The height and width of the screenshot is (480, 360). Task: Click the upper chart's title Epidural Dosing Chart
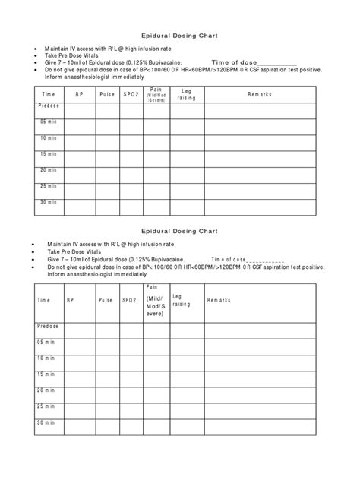click(x=180, y=35)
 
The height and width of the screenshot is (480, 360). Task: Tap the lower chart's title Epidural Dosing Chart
click(x=180, y=231)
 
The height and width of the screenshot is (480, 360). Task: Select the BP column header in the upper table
click(x=79, y=93)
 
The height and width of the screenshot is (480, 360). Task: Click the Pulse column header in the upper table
click(x=107, y=93)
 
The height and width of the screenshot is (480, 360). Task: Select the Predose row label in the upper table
click(x=49, y=106)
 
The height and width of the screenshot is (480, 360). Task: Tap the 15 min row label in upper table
click(x=49, y=154)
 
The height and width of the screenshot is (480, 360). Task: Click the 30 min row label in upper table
click(x=49, y=201)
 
